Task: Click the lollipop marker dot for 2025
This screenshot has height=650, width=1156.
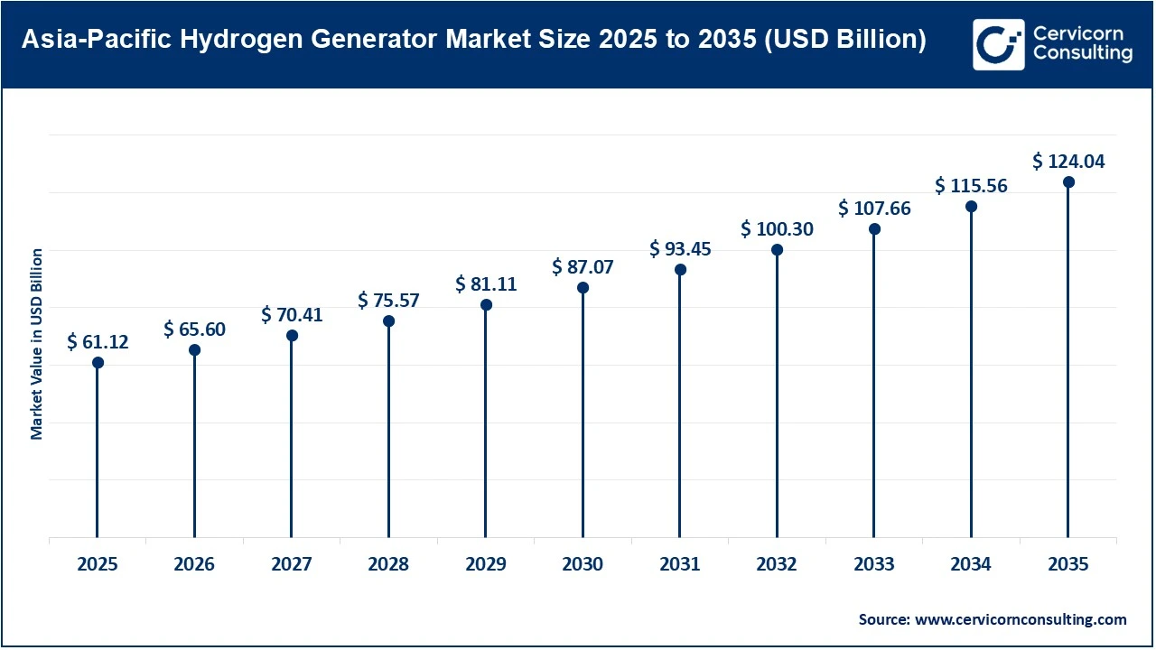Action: pyautogui.click(x=98, y=363)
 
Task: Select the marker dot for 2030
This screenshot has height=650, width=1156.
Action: pyautogui.click(x=583, y=288)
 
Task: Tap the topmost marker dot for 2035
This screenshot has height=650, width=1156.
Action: pyautogui.click(x=1068, y=182)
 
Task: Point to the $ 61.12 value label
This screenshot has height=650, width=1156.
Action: pyautogui.click(x=98, y=342)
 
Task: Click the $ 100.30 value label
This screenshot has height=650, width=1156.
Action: pyautogui.click(x=777, y=229)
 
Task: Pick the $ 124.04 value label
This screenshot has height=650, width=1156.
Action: pyautogui.click(x=1068, y=162)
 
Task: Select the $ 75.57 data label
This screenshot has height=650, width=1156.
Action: pyautogui.click(x=388, y=301)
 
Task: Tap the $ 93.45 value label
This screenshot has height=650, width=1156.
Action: pyautogui.click(x=680, y=249)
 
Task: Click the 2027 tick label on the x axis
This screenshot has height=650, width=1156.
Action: pyautogui.click(x=292, y=565)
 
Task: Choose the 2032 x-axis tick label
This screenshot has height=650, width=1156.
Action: pyautogui.click(x=777, y=565)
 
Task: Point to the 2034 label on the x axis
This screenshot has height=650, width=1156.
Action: pyautogui.click(x=971, y=565)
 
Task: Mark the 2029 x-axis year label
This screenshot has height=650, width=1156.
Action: pyautogui.click(x=486, y=565)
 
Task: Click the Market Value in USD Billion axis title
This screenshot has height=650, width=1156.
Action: pyautogui.click(x=37, y=344)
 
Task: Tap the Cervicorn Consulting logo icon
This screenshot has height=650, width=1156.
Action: pyautogui.click(x=998, y=44)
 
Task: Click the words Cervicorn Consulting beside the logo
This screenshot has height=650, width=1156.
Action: pyautogui.click(x=1082, y=44)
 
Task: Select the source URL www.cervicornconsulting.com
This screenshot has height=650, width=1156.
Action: pyautogui.click(x=1021, y=619)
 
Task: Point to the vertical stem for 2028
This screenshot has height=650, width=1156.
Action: pyautogui.click(x=388, y=433)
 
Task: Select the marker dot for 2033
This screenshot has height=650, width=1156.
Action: pyautogui.click(x=874, y=229)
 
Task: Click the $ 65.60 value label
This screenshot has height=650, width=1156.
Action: pyautogui.click(x=194, y=330)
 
